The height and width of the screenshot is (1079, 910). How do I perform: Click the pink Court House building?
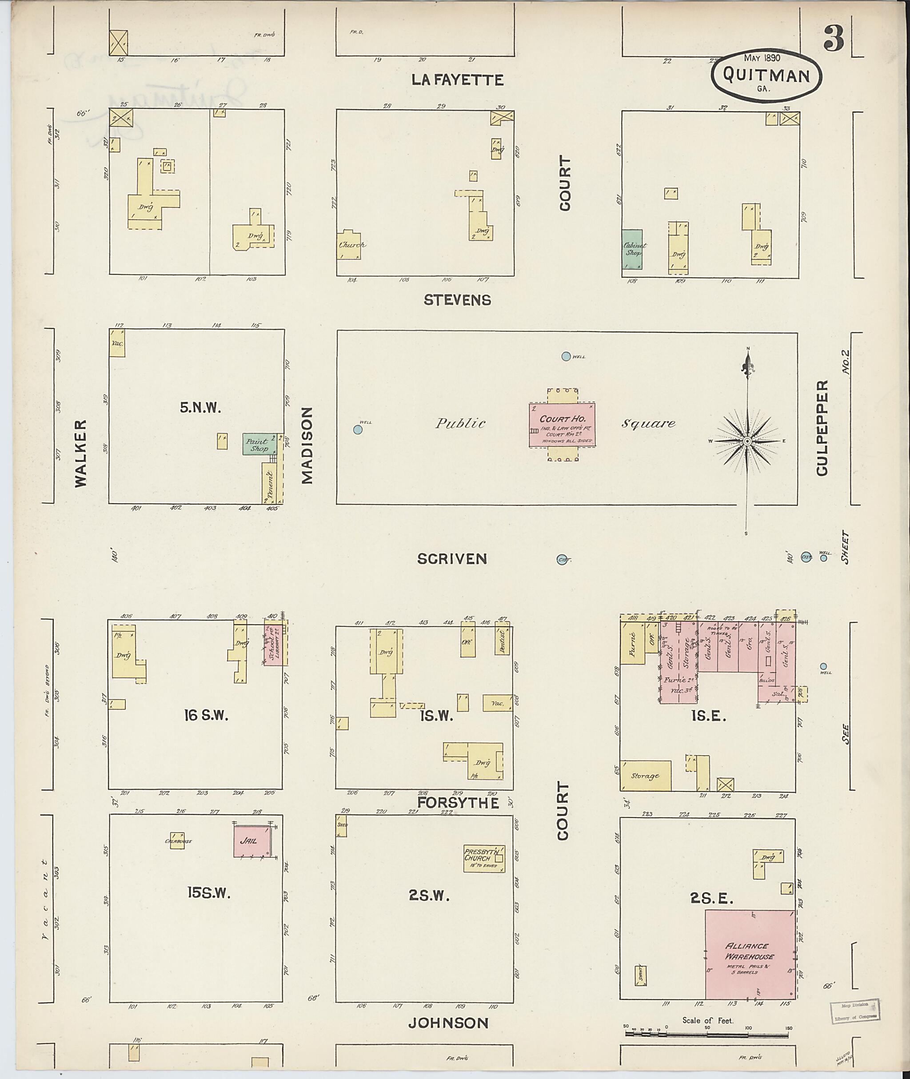click(x=562, y=425)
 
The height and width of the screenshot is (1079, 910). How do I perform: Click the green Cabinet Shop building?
click(x=632, y=249)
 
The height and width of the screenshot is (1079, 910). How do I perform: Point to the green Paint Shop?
click(x=257, y=444)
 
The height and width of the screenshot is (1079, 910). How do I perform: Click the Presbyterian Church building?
click(x=484, y=858)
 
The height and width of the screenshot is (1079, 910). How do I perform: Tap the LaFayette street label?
click(x=457, y=80)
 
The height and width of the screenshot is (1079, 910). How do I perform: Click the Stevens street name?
click(x=457, y=300)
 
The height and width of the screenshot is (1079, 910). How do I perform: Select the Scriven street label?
click(x=452, y=558)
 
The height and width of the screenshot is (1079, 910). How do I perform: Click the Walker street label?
click(x=81, y=454)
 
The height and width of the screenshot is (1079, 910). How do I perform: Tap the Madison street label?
click(x=307, y=446)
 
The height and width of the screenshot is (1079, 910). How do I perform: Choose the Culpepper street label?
click(x=822, y=428)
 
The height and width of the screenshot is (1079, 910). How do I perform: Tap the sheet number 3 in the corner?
click(x=833, y=38)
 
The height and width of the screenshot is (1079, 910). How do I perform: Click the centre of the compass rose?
click(x=746, y=442)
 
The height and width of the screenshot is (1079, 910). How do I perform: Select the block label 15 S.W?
click(x=208, y=893)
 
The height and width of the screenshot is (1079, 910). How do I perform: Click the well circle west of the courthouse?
click(x=358, y=429)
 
